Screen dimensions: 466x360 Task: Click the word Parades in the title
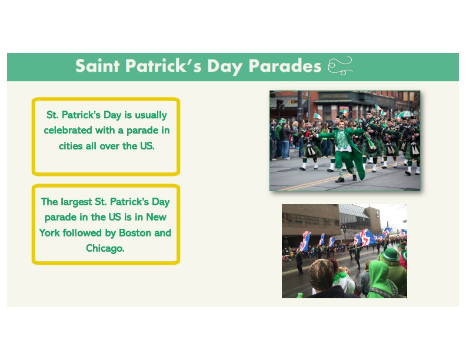tap(285, 66)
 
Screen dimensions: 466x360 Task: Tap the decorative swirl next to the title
tap(340, 66)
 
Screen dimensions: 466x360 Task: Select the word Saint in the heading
tap(98, 66)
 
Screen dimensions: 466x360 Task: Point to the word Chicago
tap(105, 248)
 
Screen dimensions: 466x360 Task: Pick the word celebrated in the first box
tap(68, 130)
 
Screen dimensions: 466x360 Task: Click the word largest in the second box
tap(76, 202)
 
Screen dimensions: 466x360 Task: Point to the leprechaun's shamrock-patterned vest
tap(342, 139)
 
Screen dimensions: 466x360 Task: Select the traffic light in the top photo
tap(280, 104)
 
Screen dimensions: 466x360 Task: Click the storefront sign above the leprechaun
tap(334, 96)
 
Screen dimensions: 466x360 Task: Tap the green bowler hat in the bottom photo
tap(390, 255)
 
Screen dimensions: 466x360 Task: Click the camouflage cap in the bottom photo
tap(321, 274)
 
